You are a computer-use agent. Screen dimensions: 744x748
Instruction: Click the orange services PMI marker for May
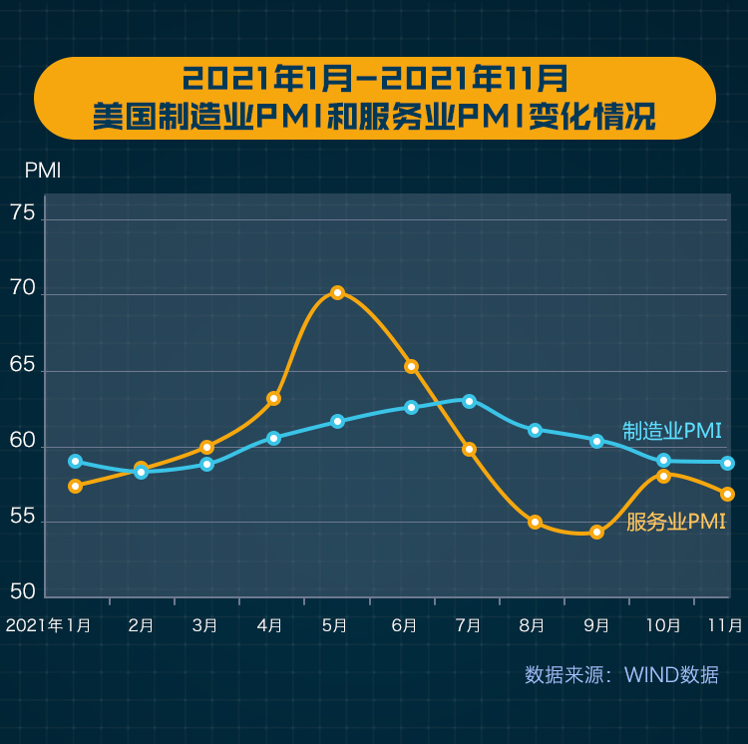337,292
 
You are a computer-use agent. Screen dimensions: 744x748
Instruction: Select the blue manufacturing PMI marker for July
469,401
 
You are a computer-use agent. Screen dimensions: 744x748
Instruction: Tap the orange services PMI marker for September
596,532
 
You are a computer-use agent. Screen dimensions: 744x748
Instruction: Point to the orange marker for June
411,366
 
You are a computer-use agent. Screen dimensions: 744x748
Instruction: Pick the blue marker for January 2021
75,461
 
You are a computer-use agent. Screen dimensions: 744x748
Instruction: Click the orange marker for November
728,494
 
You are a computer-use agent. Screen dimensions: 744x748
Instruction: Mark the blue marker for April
273,438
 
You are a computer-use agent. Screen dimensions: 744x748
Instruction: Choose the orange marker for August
535,522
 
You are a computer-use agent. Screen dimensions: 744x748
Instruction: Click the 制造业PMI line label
671,431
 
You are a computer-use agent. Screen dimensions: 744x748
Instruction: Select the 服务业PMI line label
675,522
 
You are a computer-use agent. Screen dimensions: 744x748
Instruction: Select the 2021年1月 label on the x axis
48,625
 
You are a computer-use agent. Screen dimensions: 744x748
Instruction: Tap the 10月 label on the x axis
663,625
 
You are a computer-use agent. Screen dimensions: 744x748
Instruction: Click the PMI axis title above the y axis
43,171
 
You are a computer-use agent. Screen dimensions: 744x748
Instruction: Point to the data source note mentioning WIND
621,675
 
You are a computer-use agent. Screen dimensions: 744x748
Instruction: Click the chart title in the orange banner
374,97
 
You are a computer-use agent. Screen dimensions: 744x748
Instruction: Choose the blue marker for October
663,460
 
